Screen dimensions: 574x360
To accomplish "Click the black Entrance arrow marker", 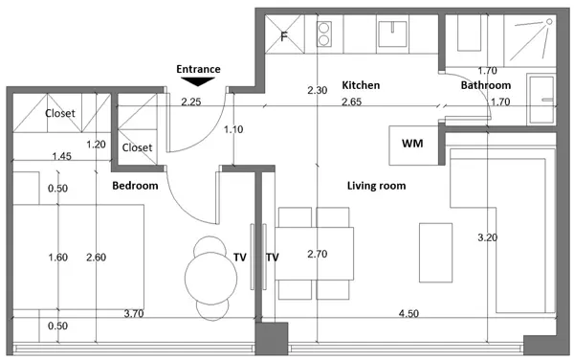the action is pos(198,81).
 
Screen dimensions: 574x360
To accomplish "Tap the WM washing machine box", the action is pos(413,146).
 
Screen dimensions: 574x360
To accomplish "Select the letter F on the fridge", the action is pos(284,36).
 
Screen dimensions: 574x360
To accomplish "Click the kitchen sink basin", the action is pos(392,34).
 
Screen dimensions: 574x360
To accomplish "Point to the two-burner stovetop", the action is pos(324,34).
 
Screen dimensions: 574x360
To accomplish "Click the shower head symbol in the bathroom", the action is pos(549,22).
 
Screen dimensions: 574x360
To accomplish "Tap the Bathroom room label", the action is pos(486,85).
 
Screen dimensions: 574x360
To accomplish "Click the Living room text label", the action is pos(376,186).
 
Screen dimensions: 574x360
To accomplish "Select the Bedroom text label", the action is pos(135,186).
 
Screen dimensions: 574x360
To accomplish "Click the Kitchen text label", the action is pos(361,85).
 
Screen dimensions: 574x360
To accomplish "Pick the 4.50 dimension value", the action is pos(408,313).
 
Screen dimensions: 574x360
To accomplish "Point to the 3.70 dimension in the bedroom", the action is pos(134,313).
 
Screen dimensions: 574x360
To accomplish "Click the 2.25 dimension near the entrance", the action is pos(191,101).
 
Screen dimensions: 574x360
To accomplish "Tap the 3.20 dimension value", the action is pos(487,237).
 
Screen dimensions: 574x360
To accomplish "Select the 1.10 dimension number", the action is pos(233,129).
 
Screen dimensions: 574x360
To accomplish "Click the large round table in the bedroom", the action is pos(210,279).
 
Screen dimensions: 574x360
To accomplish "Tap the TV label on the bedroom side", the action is pos(240,258).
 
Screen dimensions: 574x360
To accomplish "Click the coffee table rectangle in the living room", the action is pos(435,253).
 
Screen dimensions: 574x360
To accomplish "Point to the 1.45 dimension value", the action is pos(61,156).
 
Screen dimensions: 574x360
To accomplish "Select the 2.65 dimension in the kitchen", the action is pos(351,101).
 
